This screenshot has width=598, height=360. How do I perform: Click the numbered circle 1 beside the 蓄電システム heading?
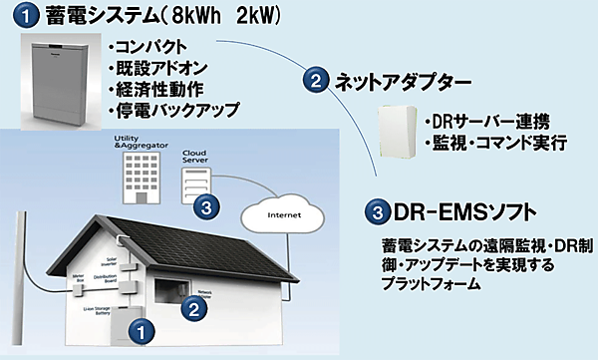tap(23, 18)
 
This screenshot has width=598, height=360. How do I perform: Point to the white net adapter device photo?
tap(399, 130)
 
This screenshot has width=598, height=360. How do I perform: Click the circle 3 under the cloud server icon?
tap(203, 207)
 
